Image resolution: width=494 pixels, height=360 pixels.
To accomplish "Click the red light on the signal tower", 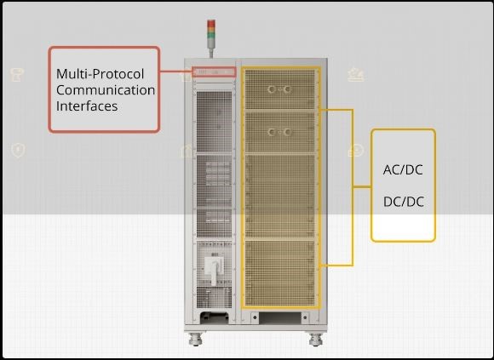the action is click(x=211, y=24).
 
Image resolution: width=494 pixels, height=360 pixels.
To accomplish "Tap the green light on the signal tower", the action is click(x=211, y=36).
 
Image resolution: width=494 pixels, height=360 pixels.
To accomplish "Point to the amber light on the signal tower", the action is click(x=211, y=30).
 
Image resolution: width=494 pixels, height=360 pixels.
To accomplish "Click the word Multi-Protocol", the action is click(x=100, y=74).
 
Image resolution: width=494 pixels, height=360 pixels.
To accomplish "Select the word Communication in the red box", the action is click(x=106, y=90).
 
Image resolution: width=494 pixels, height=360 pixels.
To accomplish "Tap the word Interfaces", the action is click(x=87, y=106).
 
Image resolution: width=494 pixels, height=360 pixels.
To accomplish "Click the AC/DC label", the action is click(x=403, y=170).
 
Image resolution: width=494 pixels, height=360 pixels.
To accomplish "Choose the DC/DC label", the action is click(x=403, y=202).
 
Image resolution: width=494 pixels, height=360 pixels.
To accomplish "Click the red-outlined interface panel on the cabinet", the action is click(x=214, y=72).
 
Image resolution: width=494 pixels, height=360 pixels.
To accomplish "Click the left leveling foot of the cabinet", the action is click(x=196, y=340).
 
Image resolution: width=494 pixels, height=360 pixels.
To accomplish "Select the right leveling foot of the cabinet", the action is click(x=315, y=340).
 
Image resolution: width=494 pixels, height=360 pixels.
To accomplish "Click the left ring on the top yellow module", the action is click(x=272, y=89).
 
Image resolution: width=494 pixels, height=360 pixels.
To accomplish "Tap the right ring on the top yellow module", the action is click(x=287, y=89).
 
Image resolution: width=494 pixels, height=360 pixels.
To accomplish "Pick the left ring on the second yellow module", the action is click(x=272, y=132).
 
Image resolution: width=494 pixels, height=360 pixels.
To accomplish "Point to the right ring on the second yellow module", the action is click(x=287, y=132).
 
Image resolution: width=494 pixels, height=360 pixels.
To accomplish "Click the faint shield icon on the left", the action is click(x=18, y=150).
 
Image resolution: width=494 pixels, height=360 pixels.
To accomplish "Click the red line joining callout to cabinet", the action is click(x=176, y=71).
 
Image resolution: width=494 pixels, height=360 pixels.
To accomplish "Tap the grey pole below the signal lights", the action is click(x=211, y=49).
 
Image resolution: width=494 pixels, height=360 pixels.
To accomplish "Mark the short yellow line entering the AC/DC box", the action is click(x=362, y=187).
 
